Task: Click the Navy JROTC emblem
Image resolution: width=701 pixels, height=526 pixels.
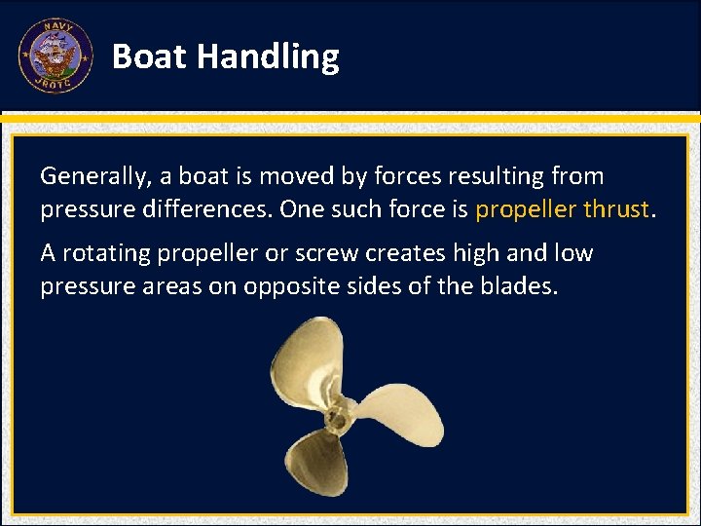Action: click(x=55, y=56)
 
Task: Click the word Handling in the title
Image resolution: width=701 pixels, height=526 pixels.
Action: click(x=268, y=57)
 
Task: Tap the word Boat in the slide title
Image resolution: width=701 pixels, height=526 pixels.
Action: click(x=150, y=57)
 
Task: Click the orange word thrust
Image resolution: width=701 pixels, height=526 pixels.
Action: click(x=615, y=209)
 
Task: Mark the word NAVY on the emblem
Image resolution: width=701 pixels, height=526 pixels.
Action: click(x=55, y=29)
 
